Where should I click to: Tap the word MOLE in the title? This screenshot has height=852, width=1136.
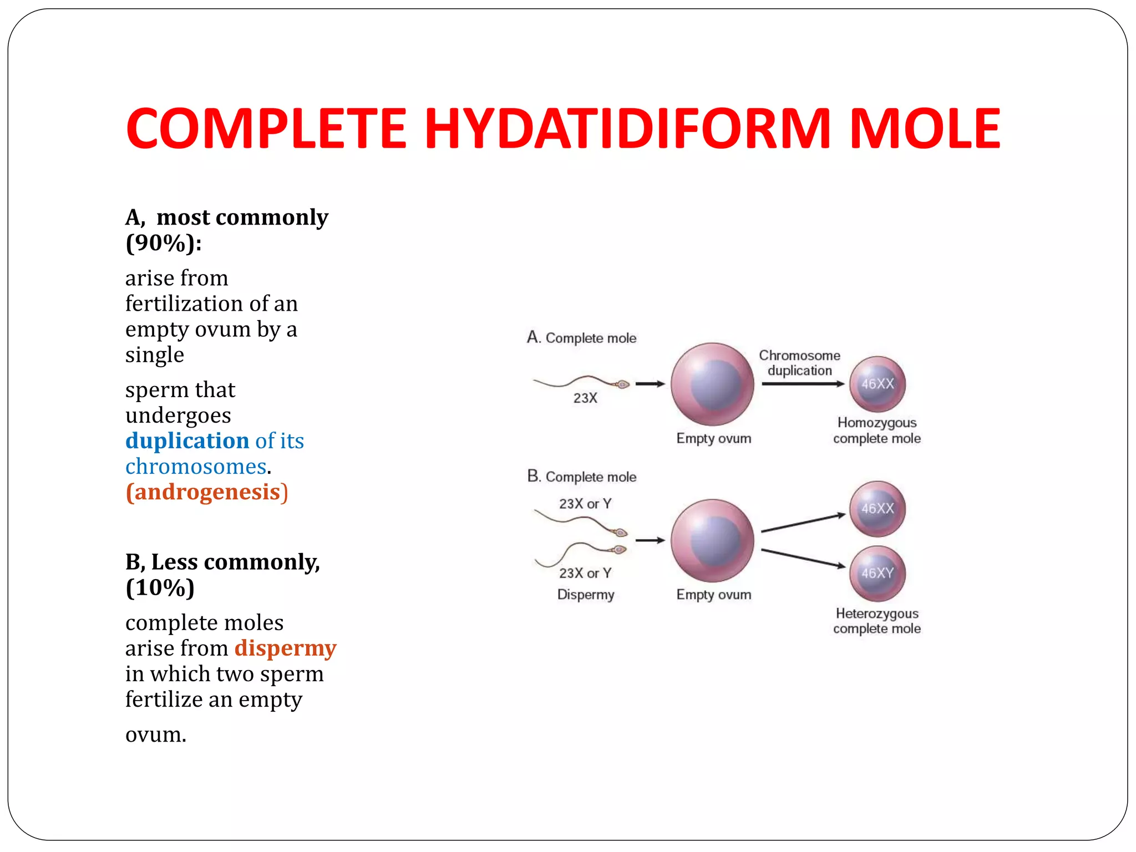[x=925, y=129]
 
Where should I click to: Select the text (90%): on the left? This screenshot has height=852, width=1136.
[x=164, y=243]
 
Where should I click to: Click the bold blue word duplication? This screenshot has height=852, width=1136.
[x=187, y=441]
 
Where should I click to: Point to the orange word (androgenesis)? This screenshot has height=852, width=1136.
[x=207, y=493]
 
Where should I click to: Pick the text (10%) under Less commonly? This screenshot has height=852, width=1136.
[x=160, y=588]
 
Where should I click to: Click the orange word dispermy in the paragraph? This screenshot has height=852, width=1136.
[x=285, y=648]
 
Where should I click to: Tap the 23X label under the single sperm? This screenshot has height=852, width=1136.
[x=585, y=398]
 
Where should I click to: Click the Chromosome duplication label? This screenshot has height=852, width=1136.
[x=799, y=363]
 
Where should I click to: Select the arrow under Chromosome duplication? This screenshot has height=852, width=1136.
[x=803, y=384]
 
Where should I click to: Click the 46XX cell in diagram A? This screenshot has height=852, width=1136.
[x=877, y=384]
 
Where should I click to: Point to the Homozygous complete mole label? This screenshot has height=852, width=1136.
[x=876, y=430]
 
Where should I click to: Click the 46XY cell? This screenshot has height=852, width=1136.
[x=877, y=574]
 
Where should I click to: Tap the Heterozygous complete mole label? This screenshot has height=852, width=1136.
[x=876, y=621]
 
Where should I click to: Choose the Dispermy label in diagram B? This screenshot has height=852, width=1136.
[x=586, y=595]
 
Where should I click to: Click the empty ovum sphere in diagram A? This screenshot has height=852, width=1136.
[x=712, y=384]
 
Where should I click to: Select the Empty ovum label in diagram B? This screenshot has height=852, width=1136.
[x=713, y=595]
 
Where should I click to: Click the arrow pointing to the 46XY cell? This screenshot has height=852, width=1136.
[x=803, y=559]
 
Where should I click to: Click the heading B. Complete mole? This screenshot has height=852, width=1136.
[x=581, y=476]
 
